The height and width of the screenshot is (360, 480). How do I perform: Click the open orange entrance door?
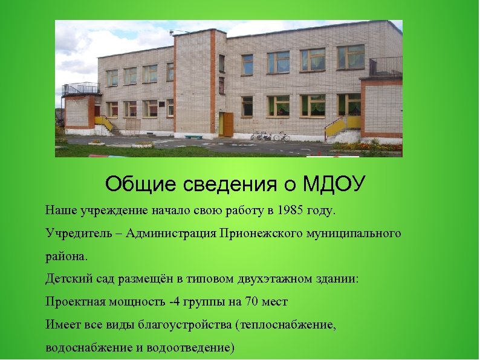click(228, 124)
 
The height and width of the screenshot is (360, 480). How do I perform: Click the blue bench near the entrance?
click(193, 137)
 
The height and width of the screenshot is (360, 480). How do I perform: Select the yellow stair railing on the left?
click(103, 123)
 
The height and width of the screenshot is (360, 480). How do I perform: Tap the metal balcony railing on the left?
click(80, 88)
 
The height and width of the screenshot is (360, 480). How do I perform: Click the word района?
click(66, 256)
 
